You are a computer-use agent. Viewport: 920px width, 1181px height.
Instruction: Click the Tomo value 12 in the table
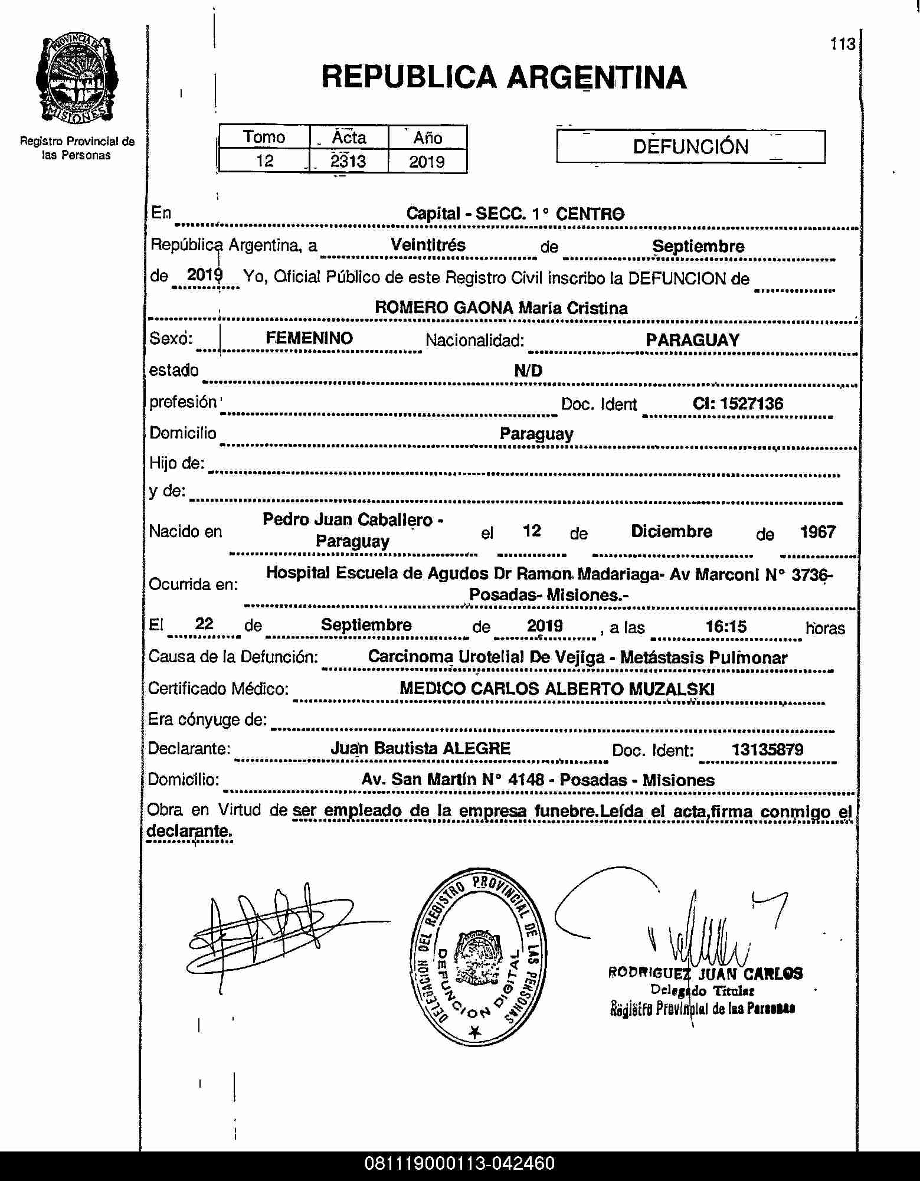click(x=265, y=161)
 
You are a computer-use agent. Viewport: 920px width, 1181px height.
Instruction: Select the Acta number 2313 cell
click(x=348, y=161)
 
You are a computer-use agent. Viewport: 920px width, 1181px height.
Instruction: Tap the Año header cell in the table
click(x=427, y=138)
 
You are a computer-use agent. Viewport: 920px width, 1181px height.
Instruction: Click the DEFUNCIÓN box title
click(x=690, y=146)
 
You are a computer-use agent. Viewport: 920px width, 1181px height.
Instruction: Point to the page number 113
click(x=842, y=44)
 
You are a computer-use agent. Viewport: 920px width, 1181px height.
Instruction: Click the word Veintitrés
click(x=428, y=245)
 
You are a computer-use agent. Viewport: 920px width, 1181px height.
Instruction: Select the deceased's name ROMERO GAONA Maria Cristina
click(x=501, y=307)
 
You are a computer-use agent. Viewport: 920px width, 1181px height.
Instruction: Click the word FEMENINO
click(x=309, y=338)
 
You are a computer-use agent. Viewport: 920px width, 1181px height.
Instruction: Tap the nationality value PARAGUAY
click(x=692, y=340)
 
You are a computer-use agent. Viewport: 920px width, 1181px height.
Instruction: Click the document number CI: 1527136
click(x=738, y=404)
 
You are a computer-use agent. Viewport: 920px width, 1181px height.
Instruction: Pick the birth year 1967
click(x=817, y=532)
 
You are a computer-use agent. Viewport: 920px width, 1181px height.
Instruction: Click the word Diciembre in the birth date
click(x=672, y=531)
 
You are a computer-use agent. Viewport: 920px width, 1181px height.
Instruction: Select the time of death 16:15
click(x=726, y=626)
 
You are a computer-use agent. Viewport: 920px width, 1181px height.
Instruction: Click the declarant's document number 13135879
click(x=767, y=750)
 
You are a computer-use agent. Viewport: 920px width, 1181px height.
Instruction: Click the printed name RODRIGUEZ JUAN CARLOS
click(x=705, y=973)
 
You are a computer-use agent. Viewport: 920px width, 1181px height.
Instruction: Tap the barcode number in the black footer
click(x=460, y=1163)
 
